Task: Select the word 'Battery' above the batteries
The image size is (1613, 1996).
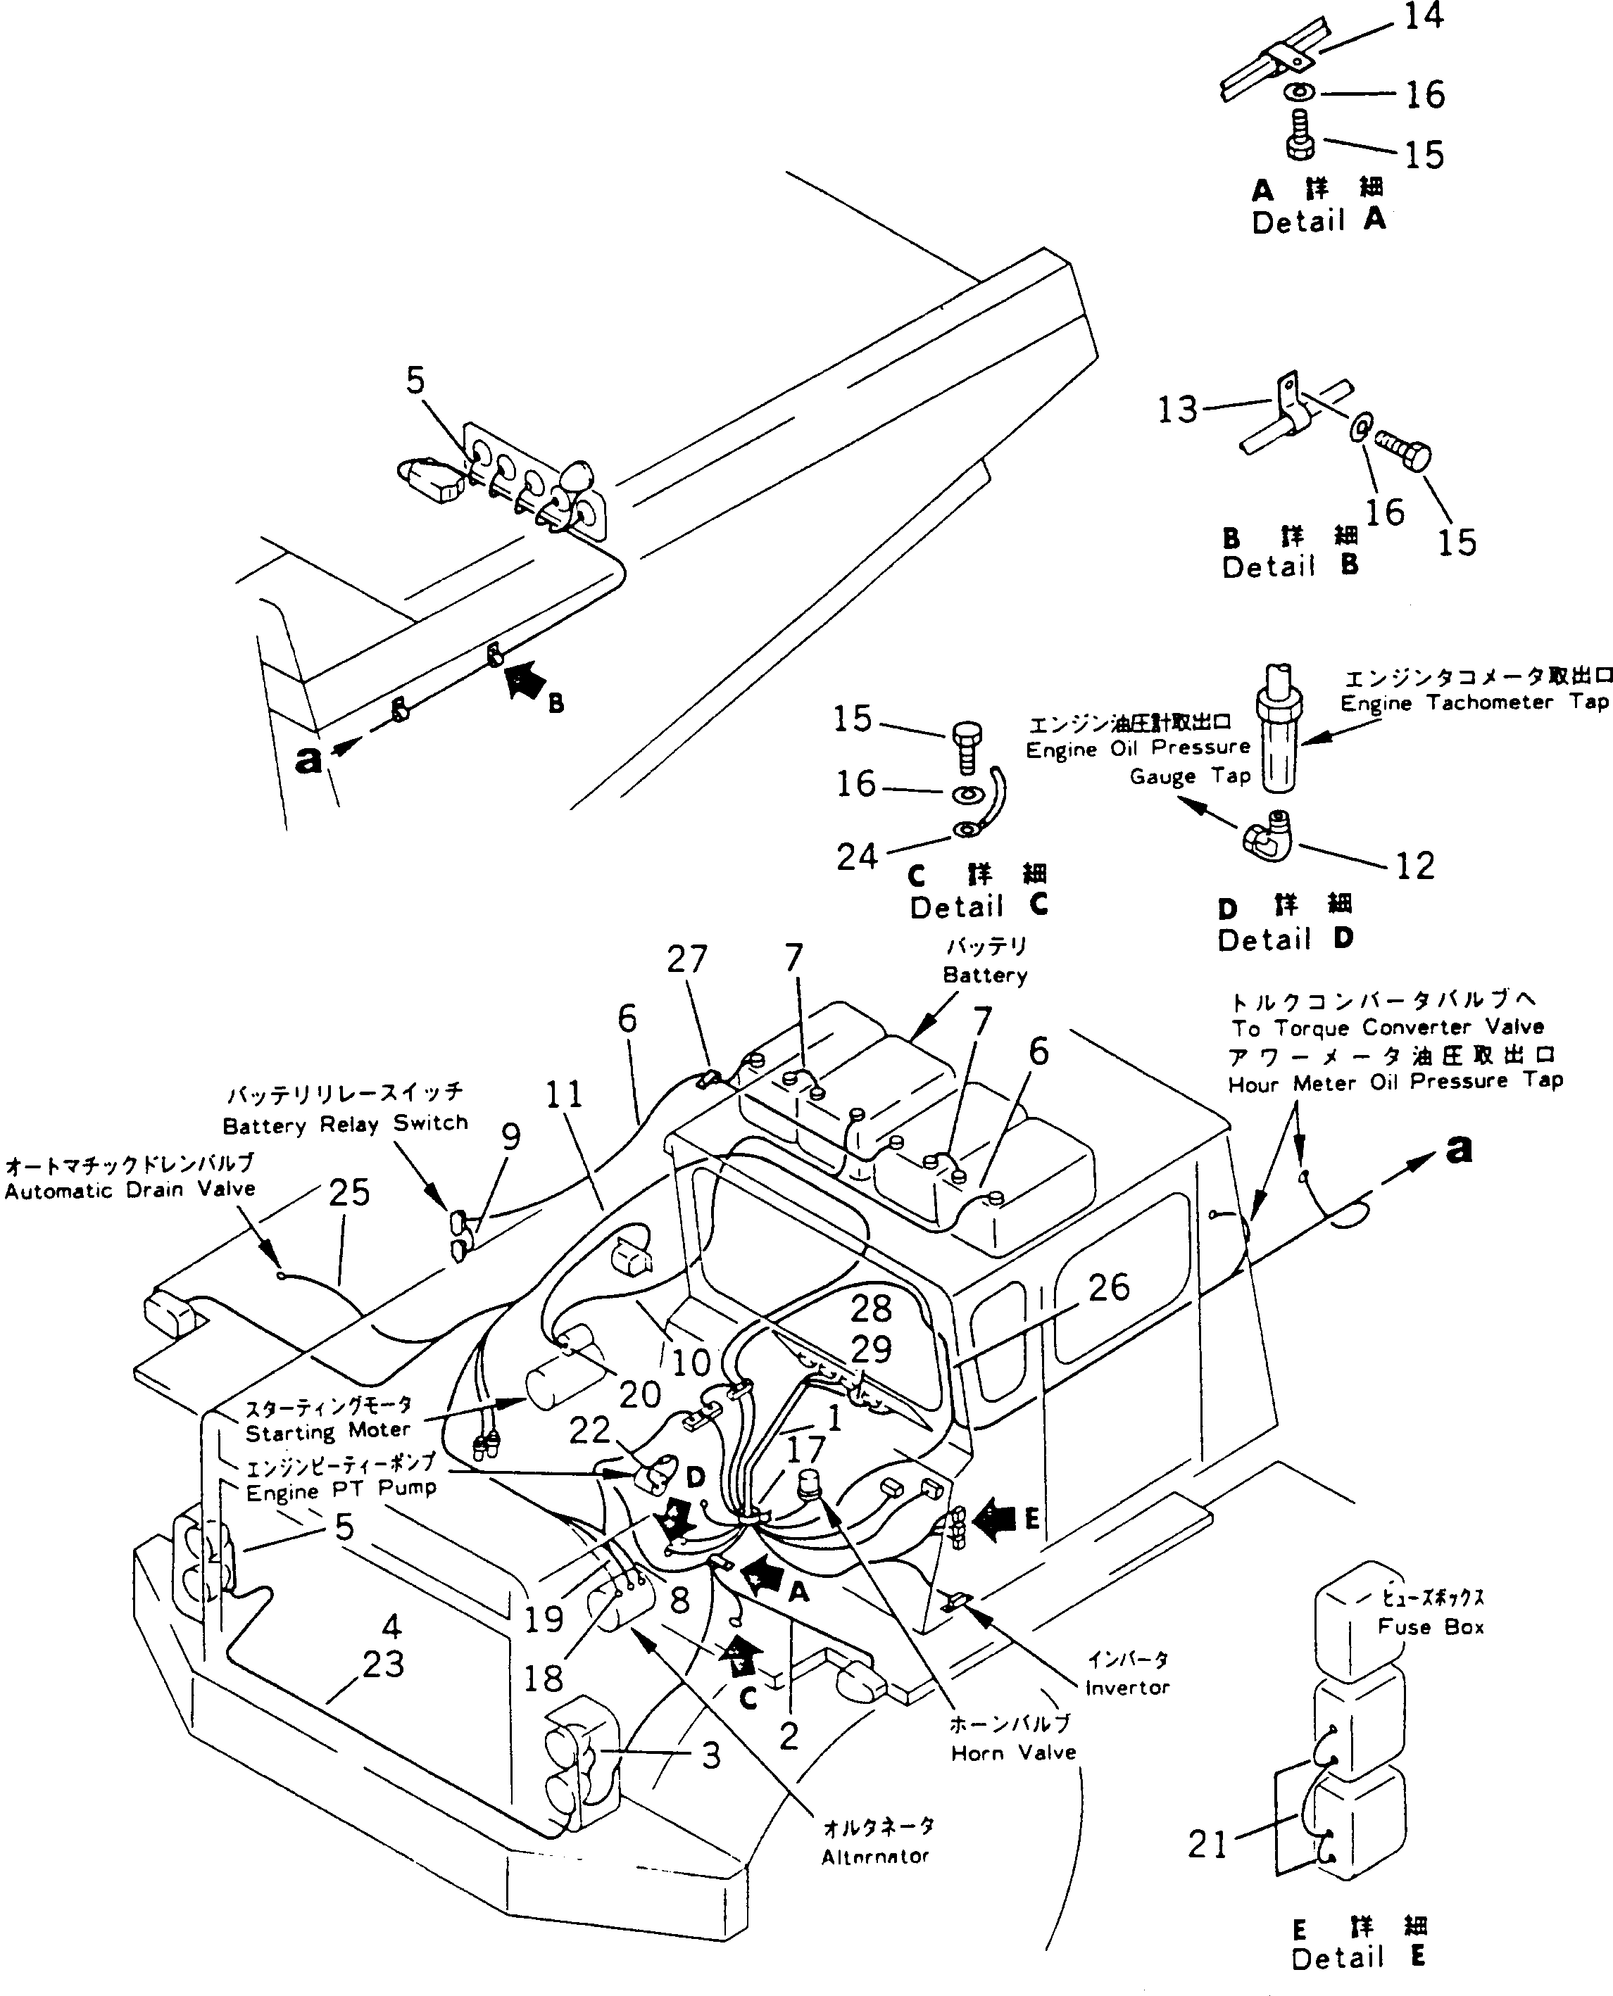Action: click(x=984, y=975)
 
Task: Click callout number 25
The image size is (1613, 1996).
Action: click(x=349, y=1194)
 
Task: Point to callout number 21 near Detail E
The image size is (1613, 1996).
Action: click(x=1208, y=1845)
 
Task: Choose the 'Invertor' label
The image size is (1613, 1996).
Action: click(x=1126, y=1688)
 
